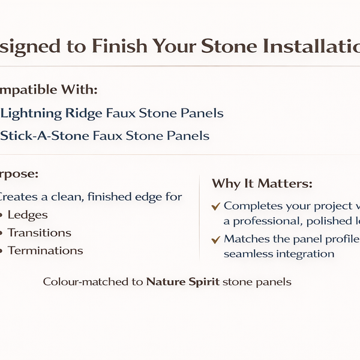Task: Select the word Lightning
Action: click(x=31, y=113)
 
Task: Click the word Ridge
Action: click(x=83, y=113)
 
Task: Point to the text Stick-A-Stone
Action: click(x=45, y=136)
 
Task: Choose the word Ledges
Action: click(x=28, y=215)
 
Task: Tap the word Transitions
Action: click(x=40, y=233)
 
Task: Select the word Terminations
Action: click(x=46, y=251)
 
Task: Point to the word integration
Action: click(x=305, y=254)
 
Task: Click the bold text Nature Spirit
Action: click(x=182, y=281)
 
